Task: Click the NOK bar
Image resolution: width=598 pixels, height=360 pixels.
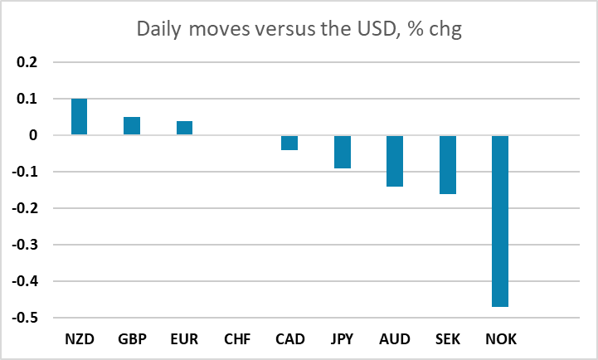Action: pyautogui.click(x=500, y=221)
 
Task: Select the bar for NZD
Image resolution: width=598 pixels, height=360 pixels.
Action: pyautogui.click(x=79, y=117)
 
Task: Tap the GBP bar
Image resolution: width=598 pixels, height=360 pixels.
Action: pyautogui.click(x=132, y=126)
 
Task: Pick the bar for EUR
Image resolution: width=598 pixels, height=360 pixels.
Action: pyautogui.click(x=184, y=128)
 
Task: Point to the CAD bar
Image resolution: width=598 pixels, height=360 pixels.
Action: pyautogui.click(x=289, y=143)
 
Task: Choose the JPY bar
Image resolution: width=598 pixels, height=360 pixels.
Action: pyautogui.click(x=342, y=152)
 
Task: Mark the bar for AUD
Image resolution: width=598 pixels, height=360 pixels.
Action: pyautogui.click(x=395, y=161)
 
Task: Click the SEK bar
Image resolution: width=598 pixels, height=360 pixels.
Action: pyautogui.click(x=447, y=165)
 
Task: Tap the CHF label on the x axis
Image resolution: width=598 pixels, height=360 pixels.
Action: pyautogui.click(x=237, y=339)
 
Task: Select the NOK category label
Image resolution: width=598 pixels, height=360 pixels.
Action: pyautogui.click(x=501, y=339)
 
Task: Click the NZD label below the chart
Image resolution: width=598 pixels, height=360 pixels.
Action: pyautogui.click(x=80, y=339)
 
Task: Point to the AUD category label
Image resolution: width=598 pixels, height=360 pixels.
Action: pyautogui.click(x=395, y=339)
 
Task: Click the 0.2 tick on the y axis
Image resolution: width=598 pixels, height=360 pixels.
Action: pyautogui.click(x=27, y=61)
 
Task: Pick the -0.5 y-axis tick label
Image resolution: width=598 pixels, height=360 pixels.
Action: pyautogui.click(x=25, y=318)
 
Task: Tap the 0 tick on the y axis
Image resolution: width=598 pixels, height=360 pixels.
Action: pyautogui.click(x=33, y=135)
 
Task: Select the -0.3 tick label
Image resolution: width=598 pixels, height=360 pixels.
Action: pyautogui.click(x=25, y=245)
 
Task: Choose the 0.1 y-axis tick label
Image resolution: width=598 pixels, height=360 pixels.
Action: pyautogui.click(x=27, y=99)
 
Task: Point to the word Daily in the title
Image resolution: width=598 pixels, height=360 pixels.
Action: pyautogui.click(x=159, y=29)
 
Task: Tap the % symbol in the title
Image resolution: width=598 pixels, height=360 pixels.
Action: pyautogui.click(x=416, y=28)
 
